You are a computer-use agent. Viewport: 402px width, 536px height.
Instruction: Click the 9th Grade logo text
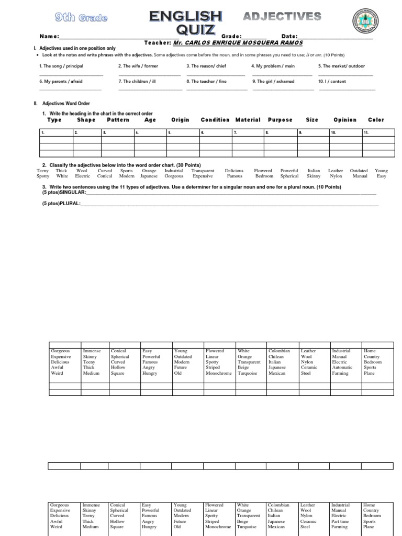tap(81, 18)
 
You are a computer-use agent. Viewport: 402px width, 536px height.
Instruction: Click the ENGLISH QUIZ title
tap(185, 23)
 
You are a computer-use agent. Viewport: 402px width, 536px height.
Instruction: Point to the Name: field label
tap(49, 37)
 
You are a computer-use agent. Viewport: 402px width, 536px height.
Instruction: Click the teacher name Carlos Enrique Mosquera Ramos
tap(238, 42)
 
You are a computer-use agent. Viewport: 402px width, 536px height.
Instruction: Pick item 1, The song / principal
tap(61, 66)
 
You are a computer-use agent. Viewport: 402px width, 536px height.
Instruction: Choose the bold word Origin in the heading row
tap(180, 120)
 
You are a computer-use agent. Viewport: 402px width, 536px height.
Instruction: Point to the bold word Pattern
tap(118, 120)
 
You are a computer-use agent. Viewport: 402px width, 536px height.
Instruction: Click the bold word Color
tap(376, 120)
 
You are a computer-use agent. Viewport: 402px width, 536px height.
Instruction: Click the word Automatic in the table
tap(342, 367)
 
